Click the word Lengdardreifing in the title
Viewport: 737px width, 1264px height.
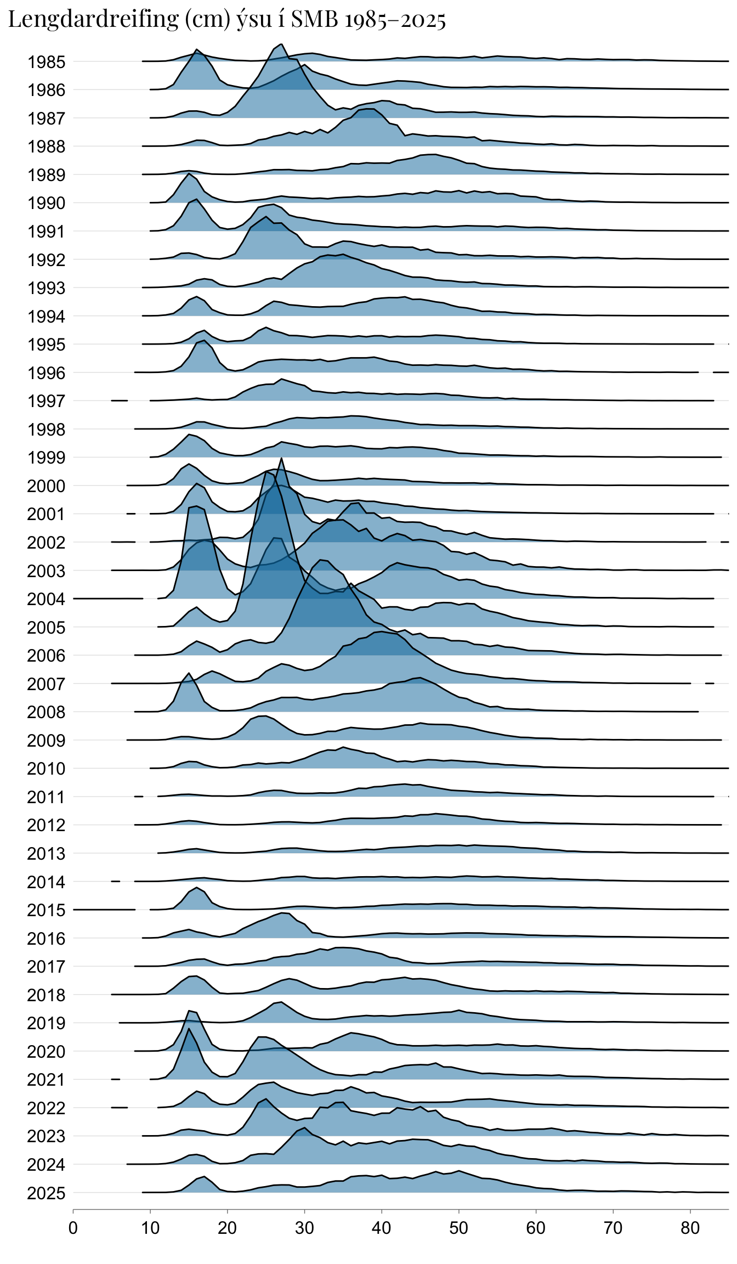click(x=93, y=20)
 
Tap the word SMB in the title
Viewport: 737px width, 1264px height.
click(x=314, y=19)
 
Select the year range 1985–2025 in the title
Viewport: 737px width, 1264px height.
click(x=395, y=20)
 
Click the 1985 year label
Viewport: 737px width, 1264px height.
click(x=47, y=63)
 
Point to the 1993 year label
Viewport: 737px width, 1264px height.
click(x=47, y=289)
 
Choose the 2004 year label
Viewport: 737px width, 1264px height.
click(x=47, y=600)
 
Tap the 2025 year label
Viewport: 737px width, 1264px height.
click(x=47, y=1194)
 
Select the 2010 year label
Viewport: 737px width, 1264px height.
click(x=47, y=769)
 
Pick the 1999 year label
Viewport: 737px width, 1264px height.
click(x=47, y=458)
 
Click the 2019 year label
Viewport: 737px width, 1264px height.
click(x=47, y=1024)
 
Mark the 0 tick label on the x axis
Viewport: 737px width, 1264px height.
click(x=73, y=1228)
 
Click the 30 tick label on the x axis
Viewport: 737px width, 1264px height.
click(x=304, y=1228)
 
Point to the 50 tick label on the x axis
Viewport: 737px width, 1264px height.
click(x=458, y=1228)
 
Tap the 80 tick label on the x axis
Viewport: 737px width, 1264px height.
click(x=690, y=1228)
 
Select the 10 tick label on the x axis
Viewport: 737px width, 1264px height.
click(x=150, y=1228)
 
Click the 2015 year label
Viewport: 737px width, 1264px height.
click(x=47, y=911)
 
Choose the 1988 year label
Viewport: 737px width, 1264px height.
click(x=47, y=147)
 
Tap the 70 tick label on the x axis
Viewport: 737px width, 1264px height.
click(x=613, y=1228)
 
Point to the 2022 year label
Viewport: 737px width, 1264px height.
click(x=47, y=1109)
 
